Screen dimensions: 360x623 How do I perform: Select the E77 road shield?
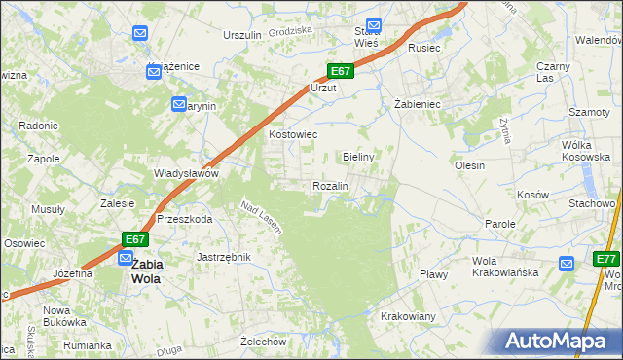607,259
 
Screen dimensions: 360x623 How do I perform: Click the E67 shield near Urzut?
339,71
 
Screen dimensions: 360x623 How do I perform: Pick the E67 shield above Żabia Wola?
135,239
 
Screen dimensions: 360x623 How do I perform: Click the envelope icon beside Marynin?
179,104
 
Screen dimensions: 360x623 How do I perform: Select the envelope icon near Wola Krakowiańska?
567,263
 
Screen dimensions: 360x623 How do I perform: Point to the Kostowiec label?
292,134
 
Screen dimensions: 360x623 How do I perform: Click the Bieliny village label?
359,156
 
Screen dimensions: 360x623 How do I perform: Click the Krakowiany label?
408,317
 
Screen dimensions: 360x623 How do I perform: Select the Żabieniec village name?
419,103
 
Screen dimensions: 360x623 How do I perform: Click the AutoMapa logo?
559,342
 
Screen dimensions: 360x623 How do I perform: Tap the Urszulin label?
242,35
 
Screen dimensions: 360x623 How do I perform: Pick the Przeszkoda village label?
184,220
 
